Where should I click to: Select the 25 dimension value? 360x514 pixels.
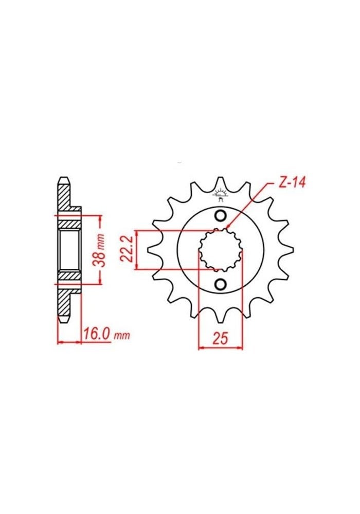(x=220, y=338)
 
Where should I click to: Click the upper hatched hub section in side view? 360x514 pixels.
(x=69, y=222)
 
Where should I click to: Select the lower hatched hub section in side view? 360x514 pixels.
(x=69, y=278)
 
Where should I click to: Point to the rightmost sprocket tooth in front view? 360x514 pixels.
(x=289, y=250)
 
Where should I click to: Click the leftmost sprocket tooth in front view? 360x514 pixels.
(x=152, y=250)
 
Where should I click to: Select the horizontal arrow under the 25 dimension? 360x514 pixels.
(x=220, y=348)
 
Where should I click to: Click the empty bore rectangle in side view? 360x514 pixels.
(x=69, y=250)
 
